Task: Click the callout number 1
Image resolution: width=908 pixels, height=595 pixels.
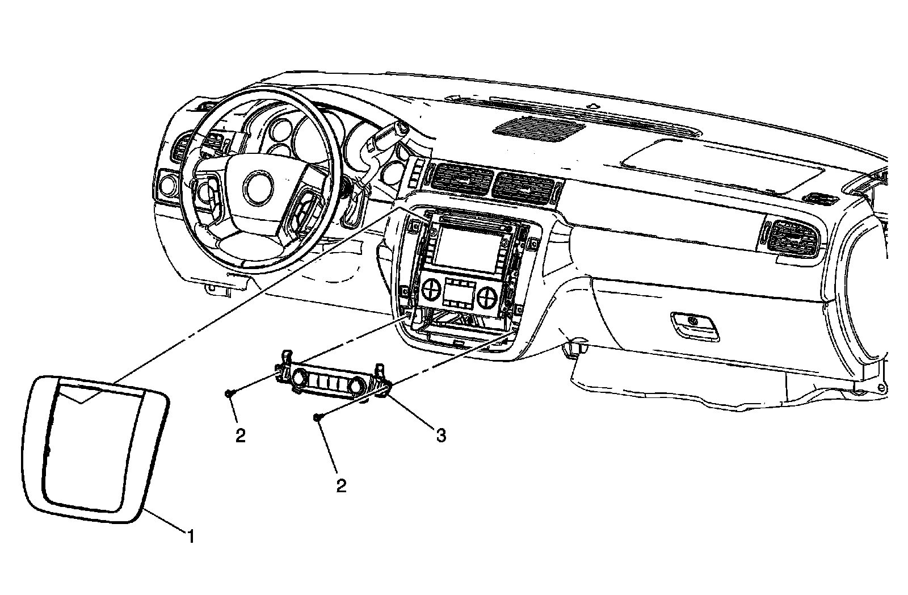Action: pyautogui.click(x=191, y=535)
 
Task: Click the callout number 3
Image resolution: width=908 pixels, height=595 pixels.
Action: pyautogui.click(x=441, y=435)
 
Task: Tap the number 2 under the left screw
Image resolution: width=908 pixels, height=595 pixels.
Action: pyautogui.click(x=241, y=435)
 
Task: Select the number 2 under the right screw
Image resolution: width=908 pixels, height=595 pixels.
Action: pyautogui.click(x=340, y=487)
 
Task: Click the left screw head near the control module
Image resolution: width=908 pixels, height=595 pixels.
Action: pyautogui.click(x=228, y=392)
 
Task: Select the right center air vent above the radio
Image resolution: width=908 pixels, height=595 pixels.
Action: pyautogui.click(x=524, y=187)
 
